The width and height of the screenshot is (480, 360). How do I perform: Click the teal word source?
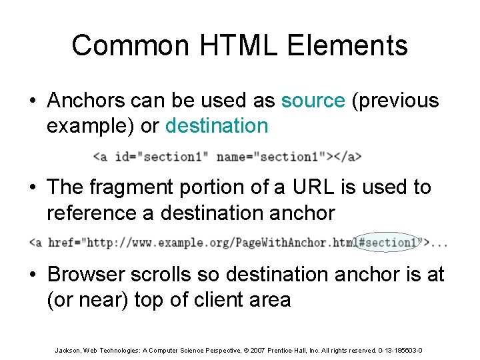click(x=313, y=101)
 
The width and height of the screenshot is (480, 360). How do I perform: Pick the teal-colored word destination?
click(x=217, y=125)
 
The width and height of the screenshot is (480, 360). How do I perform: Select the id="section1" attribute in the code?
click(x=161, y=157)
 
